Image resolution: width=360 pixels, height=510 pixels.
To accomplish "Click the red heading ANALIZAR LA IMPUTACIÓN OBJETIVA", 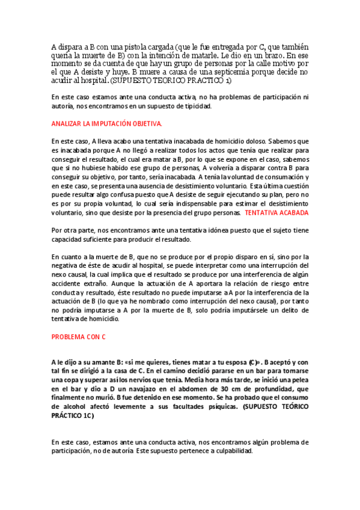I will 106,123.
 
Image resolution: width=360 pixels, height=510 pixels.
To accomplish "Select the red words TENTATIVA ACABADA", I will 277,213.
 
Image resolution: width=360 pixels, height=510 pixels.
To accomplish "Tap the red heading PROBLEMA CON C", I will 78,337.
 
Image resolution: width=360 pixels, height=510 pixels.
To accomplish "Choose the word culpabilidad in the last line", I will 234,451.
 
